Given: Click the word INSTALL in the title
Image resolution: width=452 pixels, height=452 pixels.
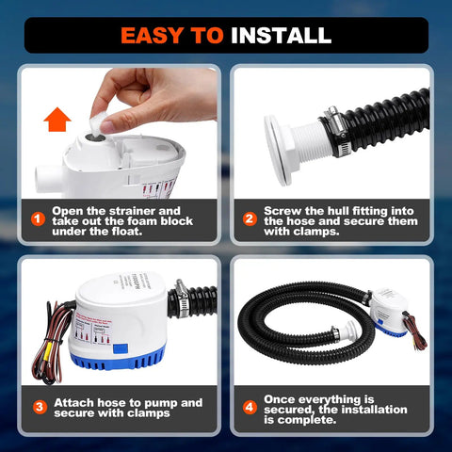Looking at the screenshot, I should (x=281, y=36).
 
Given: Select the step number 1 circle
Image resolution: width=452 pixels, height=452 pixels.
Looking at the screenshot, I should (x=38, y=219).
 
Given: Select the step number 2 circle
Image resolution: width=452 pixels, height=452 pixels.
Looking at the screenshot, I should (x=250, y=219).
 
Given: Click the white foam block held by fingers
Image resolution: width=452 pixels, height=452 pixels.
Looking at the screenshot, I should (x=96, y=122).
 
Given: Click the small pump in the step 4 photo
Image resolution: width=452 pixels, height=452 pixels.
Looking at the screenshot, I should (x=392, y=312).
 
